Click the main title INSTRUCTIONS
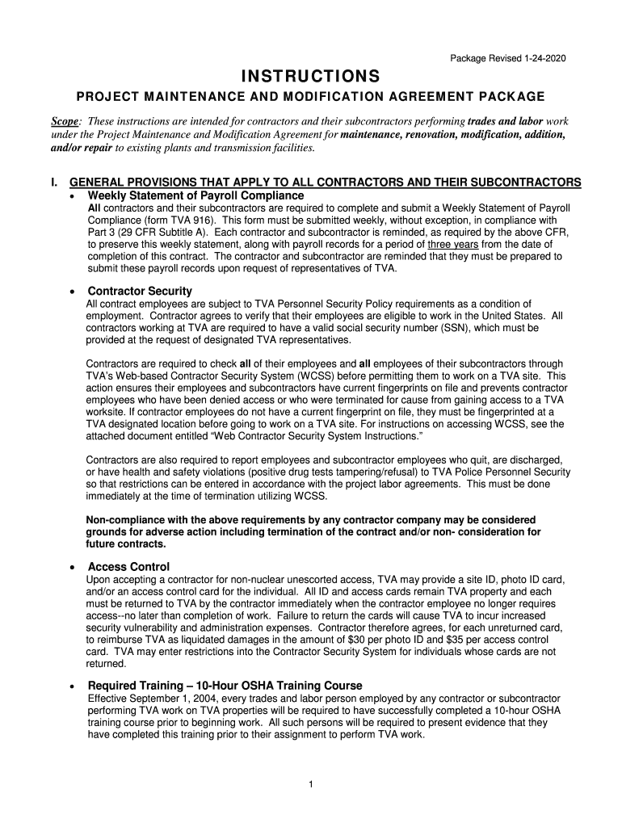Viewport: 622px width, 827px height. point(311,77)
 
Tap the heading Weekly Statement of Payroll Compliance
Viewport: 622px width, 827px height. point(195,196)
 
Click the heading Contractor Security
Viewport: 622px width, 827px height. point(140,291)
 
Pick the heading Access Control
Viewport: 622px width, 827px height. point(128,567)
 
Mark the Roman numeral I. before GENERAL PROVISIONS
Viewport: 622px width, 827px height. point(54,182)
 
